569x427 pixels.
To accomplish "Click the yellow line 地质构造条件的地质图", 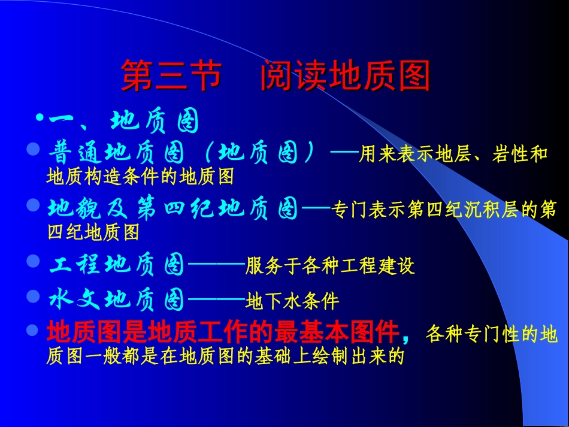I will [140, 177].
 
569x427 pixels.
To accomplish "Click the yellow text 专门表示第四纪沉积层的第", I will [444, 210].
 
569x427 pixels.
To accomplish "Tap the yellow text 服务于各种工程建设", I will [330, 266].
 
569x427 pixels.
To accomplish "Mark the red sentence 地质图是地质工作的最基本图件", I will [223, 331].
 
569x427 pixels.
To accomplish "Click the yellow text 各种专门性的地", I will [491, 334].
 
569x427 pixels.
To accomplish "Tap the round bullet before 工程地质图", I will [34, 261].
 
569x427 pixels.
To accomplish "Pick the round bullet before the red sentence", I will [34, 328].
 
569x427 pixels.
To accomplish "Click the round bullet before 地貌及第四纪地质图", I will [34, 205].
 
